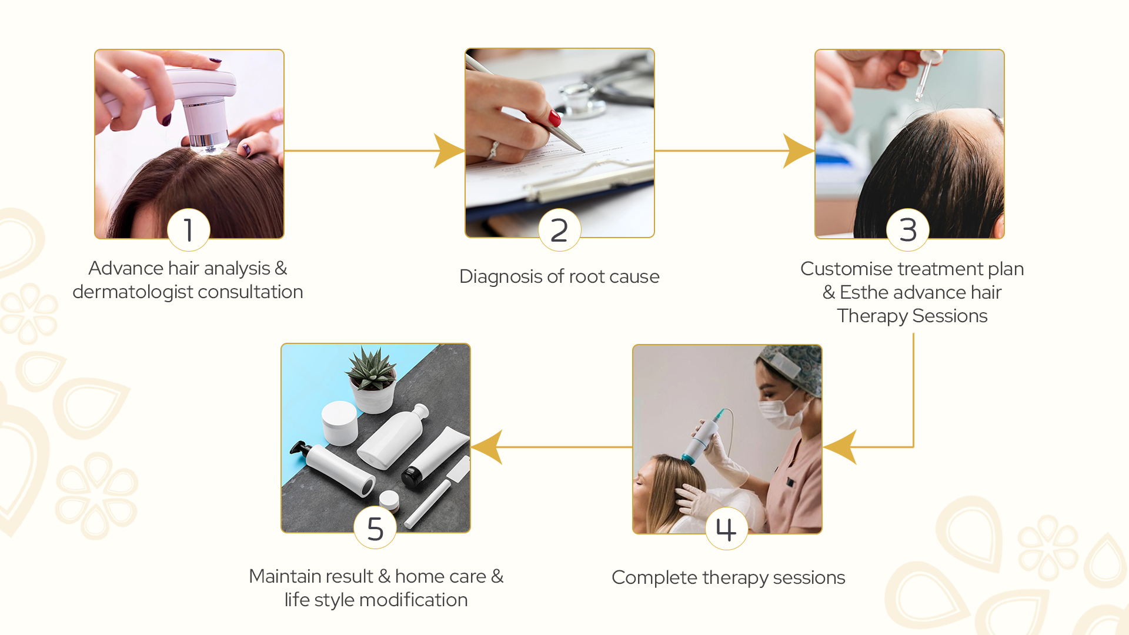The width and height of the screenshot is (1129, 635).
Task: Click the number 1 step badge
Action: (189, 230)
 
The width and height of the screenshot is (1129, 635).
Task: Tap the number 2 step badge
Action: (559, 230)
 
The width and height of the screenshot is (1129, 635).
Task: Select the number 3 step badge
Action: (908, 230)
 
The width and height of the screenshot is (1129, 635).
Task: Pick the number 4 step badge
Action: (727, 529)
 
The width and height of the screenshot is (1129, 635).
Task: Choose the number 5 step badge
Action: (375, 528)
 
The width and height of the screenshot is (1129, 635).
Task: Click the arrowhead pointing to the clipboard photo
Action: (449, 151)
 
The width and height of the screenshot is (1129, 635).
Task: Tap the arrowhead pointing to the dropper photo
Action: (799, 151)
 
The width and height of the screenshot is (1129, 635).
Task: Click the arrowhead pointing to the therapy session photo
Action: (839, 447)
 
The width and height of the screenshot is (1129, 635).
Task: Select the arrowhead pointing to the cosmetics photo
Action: (487, 447)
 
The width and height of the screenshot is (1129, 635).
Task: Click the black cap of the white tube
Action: (413, 475)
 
